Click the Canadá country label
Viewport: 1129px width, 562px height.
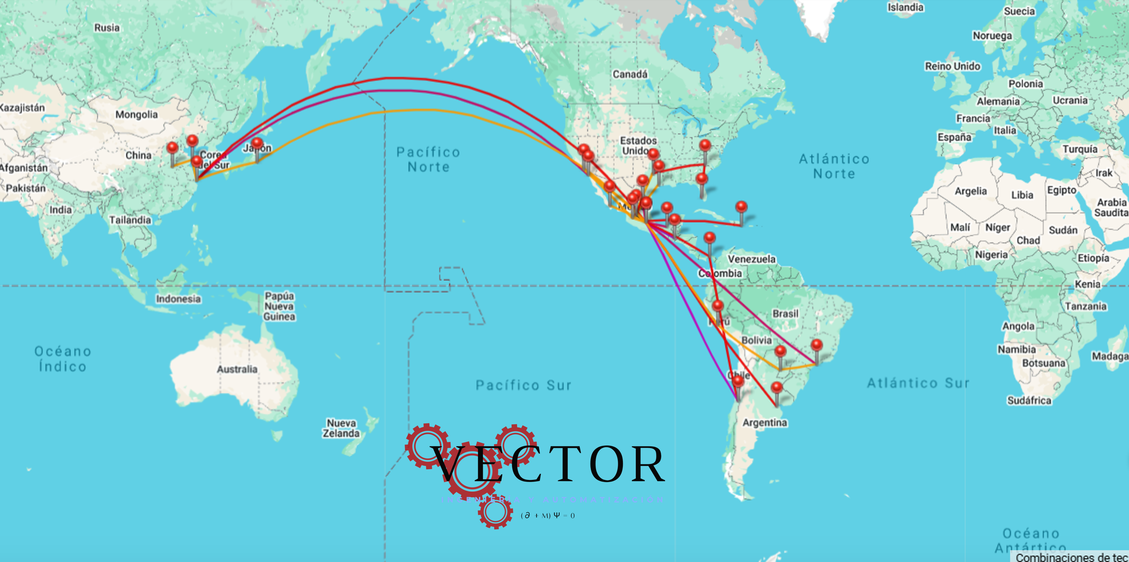(630, 74)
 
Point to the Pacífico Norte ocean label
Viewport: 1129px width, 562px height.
(428, 159)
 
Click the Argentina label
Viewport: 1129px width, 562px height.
(765, 423)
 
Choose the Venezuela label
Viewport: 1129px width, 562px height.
(752, 259)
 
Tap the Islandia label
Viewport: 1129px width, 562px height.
(905, 7)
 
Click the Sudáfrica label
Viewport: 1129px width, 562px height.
(1029, 400)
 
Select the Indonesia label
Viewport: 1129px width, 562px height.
(178, 299)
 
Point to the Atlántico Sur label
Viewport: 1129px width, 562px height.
(918, 383)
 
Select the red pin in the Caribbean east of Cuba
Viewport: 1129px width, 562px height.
(741, 207)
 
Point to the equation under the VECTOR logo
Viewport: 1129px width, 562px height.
(548, 516)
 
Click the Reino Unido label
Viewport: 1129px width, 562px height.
(952, 66)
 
